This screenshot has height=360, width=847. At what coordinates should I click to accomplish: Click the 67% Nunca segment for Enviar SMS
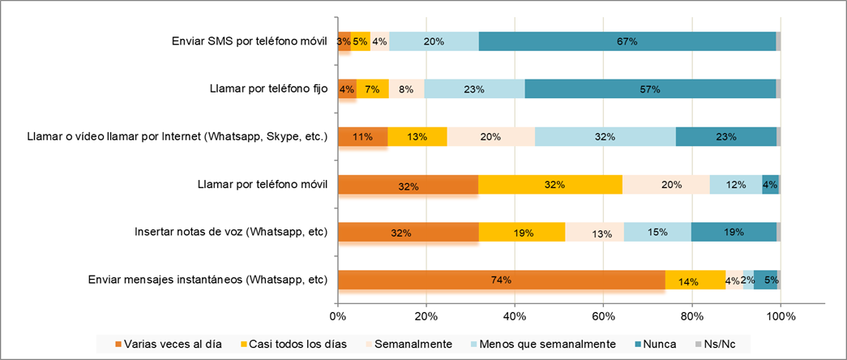tap(627, 41)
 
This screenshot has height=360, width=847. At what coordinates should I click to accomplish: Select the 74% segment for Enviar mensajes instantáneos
tap(501, 281)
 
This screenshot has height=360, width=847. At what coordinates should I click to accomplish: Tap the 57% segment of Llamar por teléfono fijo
tap(650, 88)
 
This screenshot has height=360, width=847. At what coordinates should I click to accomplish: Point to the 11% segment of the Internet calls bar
tap(362, 136)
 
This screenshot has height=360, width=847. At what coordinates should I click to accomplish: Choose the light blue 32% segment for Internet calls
tap(605, 136)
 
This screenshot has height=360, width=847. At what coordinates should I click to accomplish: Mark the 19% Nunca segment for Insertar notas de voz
tap(734, 233)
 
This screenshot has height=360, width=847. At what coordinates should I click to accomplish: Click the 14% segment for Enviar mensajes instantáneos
tap(695, 281)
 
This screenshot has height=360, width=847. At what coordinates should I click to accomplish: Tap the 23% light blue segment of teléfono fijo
tap(474, 88)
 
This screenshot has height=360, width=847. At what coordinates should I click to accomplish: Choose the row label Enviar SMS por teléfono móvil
tap(250, 41)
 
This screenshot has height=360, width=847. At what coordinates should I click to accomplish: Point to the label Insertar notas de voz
tap(231, 234)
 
